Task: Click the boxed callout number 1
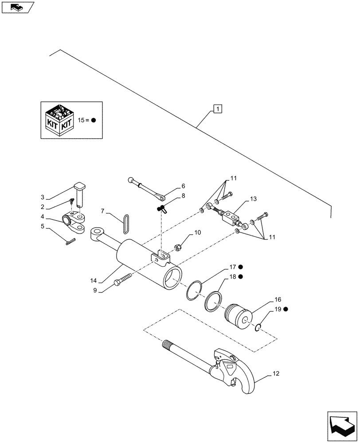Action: [217, 108]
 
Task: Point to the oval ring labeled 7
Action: [127, 222]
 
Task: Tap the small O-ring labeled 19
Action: [258, 328]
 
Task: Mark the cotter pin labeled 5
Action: [70, 241]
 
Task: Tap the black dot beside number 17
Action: [240, 267]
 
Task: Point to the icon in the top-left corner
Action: [17, 7]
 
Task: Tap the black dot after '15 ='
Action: [94, 120]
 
